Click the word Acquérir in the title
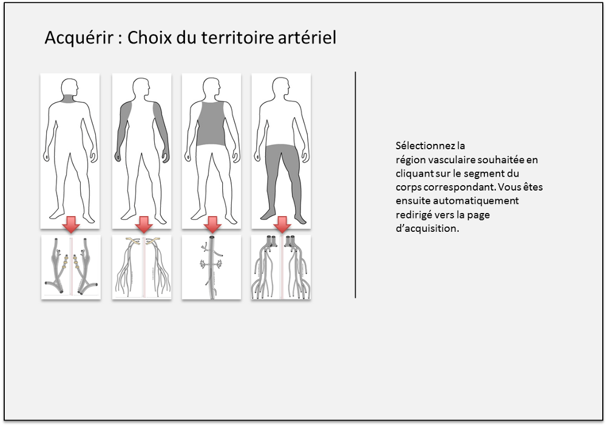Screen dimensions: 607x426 point(80,38)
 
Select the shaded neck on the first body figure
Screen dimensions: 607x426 point(70,98)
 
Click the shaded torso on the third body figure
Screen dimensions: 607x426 point(211,124)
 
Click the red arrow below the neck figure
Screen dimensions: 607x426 point(71,224)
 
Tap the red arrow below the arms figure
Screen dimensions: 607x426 point(144,224)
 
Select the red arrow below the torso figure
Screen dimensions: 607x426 point(212,224)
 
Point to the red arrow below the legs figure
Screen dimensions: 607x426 point(282,224)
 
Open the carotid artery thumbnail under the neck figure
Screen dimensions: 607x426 point(71,267)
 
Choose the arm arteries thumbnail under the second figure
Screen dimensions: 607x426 point(141,267)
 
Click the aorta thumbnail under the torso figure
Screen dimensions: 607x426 point(211,267)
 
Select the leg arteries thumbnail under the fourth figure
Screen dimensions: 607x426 point(281,267)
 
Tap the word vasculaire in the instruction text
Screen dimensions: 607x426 point(451,160)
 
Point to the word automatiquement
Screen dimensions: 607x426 point(476,201)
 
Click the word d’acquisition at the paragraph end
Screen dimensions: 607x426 point(427,228)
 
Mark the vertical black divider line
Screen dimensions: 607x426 point(355,184)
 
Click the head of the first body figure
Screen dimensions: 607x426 point(70,87)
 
